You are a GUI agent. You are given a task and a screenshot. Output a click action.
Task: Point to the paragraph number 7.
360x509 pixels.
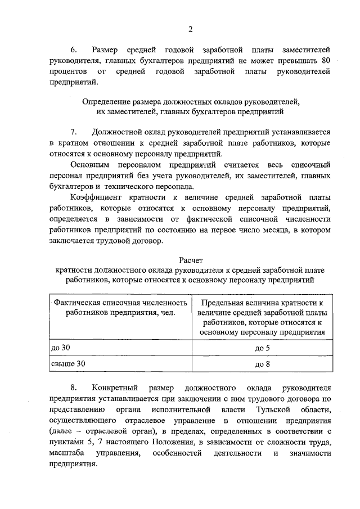point(74,132)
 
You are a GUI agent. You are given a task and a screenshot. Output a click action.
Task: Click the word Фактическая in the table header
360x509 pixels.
point(77,303)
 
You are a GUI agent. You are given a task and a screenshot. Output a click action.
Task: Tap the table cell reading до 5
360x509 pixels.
point(263,348)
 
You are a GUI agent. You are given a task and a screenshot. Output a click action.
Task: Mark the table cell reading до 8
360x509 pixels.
point(263,364)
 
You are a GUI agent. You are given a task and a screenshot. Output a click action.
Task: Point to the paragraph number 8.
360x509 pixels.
point(74,388)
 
